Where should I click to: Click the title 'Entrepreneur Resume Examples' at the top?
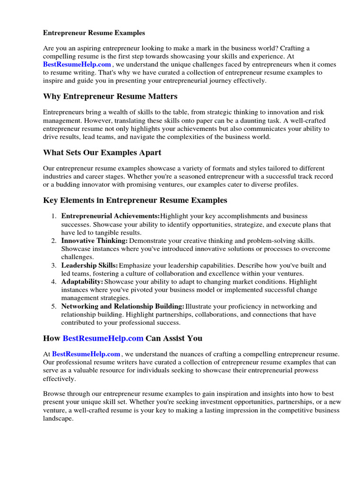coord(94,33)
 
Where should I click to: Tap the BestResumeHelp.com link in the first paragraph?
coord(77,64)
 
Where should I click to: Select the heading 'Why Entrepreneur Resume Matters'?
coord(110,96)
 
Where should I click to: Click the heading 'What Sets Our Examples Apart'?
coord(102,153)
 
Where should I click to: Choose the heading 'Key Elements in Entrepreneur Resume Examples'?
coord(135,200)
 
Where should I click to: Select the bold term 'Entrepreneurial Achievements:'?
coord(111,216)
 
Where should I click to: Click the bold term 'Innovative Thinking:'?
coord(95,241)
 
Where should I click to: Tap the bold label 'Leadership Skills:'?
coord(90,266)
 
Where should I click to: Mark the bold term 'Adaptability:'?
coord(82,282)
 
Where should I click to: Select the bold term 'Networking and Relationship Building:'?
coord(123,306)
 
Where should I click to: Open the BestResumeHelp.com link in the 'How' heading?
coord(103,338)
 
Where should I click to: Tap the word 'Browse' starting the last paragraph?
coord(54,393)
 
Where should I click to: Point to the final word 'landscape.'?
coord(59,419)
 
